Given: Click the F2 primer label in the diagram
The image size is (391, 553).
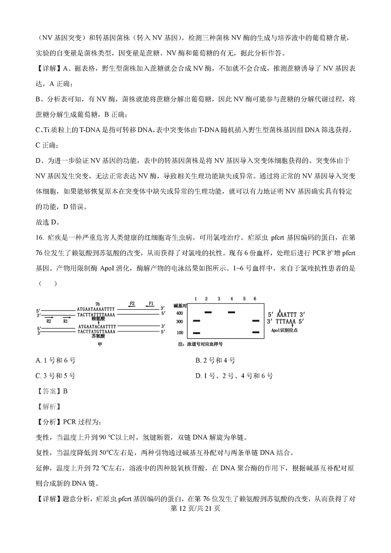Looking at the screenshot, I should tap(133, 303).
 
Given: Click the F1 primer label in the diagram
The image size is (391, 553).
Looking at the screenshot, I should tap(152, 303).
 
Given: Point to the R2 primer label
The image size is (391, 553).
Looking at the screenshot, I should tap(49, 321).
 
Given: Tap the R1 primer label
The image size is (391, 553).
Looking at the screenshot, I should tap(66, 321).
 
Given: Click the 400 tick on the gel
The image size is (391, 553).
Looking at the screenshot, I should tap(179, 313).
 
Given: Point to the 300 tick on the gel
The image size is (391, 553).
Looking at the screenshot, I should tap(179, 321).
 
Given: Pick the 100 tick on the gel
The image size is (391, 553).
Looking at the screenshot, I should tap(179, 333).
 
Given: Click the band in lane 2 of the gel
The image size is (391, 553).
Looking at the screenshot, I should tap(208, 312).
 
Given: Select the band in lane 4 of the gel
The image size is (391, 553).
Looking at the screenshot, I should tap(231, 312).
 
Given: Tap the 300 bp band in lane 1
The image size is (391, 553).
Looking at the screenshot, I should tap(196, 321).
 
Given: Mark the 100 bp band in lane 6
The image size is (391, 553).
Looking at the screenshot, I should tap(255, 333).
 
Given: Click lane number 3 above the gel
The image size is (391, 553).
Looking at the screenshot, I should tap(219, 299).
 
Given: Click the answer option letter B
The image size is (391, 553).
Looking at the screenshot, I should tap(198, 360).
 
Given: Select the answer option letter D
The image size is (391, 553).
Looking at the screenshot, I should tap(198, 376).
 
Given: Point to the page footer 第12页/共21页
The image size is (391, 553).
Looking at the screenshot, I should tap(195, 509).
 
